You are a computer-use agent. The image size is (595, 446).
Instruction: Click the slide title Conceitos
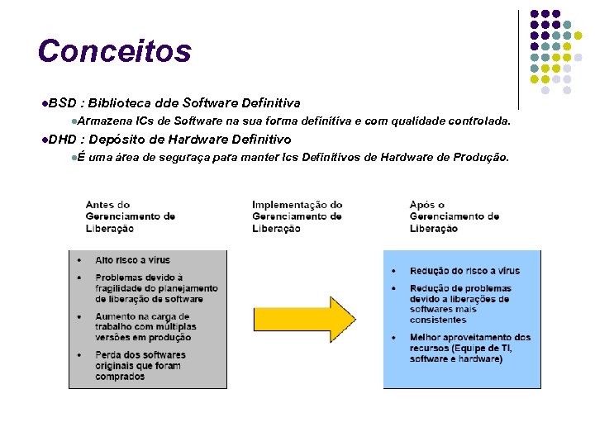114,50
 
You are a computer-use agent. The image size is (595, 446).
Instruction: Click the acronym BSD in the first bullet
61,103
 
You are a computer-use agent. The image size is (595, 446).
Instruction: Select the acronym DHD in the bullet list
62,140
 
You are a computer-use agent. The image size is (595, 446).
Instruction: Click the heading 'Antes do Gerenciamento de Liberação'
130,216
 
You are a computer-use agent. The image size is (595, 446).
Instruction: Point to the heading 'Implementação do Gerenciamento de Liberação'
297,216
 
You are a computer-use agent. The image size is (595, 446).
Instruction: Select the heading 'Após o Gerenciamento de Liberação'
454,216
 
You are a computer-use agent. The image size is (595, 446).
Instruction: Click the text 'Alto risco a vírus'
132,260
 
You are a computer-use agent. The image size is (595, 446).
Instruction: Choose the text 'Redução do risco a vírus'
464,271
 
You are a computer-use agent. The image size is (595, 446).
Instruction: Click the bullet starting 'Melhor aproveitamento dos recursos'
469,348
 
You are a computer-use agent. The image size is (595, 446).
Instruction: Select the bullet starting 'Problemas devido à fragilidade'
156,288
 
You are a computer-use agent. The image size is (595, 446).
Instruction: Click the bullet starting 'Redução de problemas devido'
460,304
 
